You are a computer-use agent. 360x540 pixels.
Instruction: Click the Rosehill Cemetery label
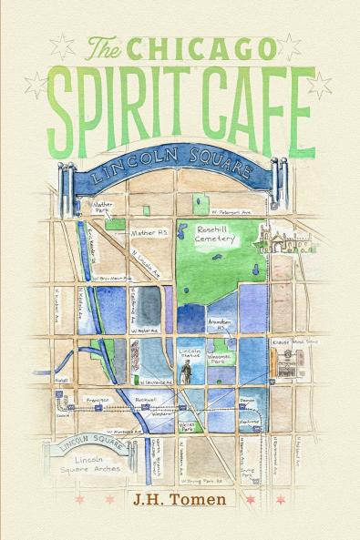tap(216, 238)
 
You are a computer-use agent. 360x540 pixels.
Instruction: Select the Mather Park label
tap(104, 209)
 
